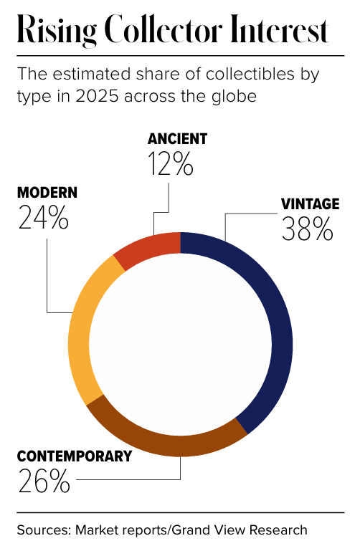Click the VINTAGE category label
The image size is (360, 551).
point(311,204)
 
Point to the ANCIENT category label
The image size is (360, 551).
point(177,139)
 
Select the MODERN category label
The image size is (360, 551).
point(47,193)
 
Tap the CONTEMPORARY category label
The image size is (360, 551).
point(74,456)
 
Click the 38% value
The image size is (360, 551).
point(307,229)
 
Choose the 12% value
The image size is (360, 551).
point(171,164)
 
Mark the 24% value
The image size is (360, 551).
point(43,218)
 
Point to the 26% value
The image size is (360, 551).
point(44,481)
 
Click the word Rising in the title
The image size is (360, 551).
point(57,30)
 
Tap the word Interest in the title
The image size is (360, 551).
point(279,29)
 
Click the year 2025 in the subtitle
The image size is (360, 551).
point(97,96)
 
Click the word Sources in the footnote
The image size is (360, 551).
point(44,530)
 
